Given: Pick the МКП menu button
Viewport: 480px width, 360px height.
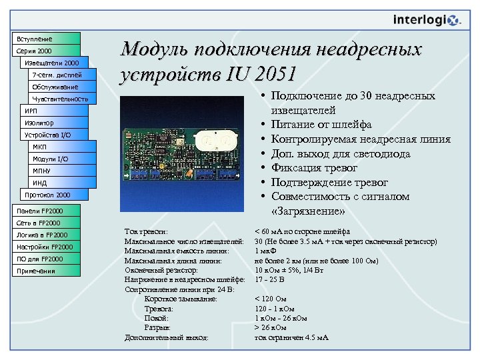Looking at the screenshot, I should tap(63, 147).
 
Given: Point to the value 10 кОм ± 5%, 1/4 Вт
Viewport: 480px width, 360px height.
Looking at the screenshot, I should tap(289, 271).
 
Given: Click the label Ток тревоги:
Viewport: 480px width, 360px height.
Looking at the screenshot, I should tap(146, 231).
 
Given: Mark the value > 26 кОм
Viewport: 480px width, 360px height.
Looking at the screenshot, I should tap(270, 328).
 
